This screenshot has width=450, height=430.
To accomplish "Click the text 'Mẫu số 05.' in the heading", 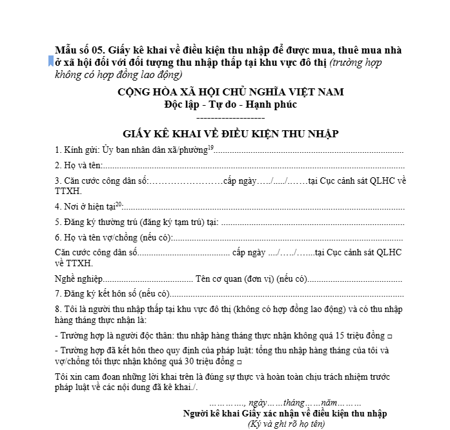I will click(x=80, y=50).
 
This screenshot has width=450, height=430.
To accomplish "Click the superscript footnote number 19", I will click(x=210, y=148).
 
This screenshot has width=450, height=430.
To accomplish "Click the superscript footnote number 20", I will click(x=118, y=204).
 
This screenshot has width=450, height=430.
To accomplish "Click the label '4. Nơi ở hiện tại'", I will click(x=84, y=207).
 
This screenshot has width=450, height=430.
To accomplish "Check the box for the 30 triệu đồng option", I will click(x=239, y=362).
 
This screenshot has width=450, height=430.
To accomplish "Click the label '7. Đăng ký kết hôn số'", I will click(x=96, y=293).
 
